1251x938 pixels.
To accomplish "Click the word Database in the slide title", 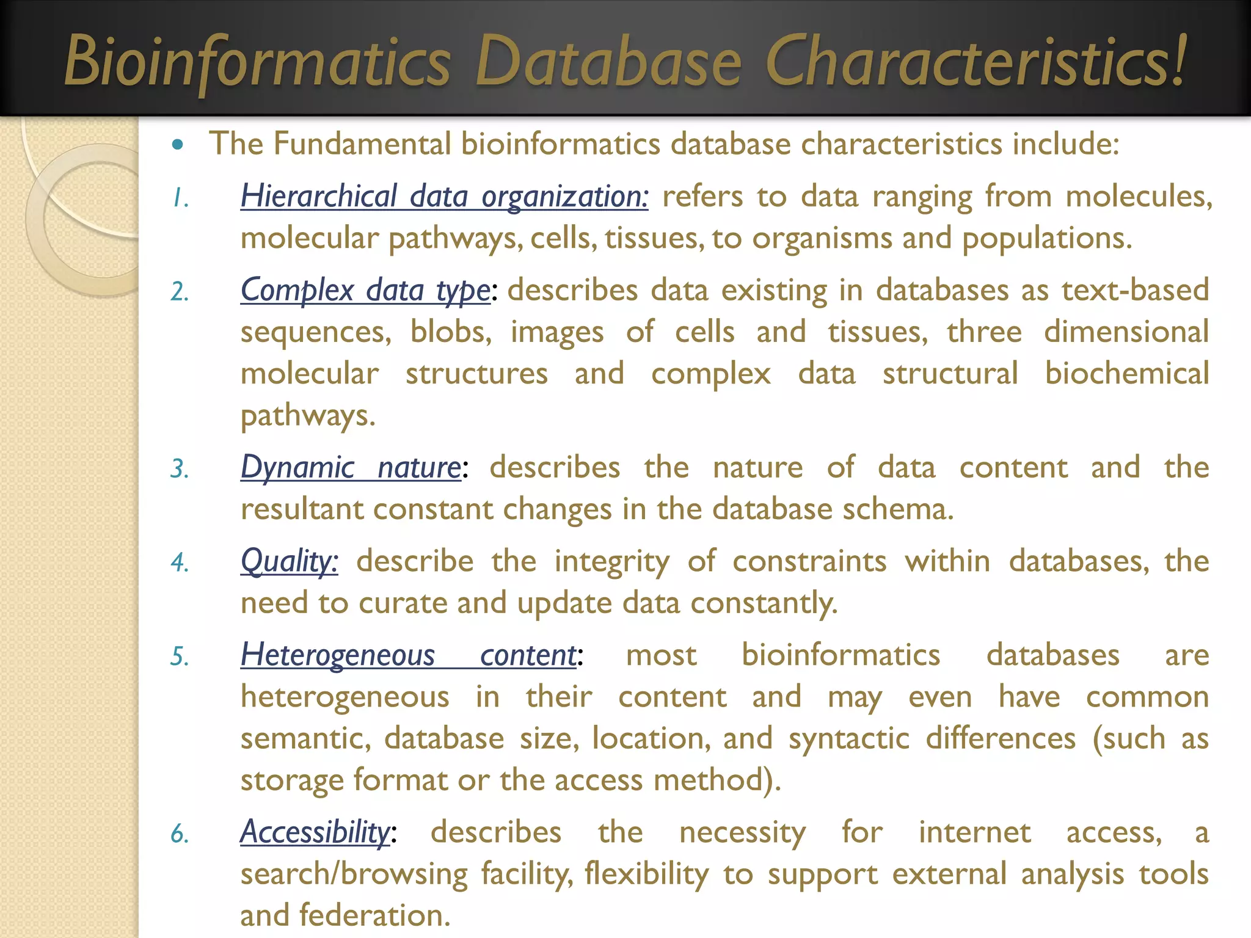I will coord(608,61).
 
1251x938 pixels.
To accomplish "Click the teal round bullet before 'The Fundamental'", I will coord(178,145).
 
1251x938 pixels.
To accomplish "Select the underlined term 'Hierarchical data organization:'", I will coord(444,197).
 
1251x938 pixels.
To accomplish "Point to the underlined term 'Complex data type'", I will coord(365,290).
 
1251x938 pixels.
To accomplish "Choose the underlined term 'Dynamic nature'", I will coord(351,468).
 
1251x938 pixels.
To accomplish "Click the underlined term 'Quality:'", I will coord(289,561).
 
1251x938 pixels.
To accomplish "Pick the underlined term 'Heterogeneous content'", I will coord(408,655).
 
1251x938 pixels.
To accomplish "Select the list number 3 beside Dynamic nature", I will coord(180,469).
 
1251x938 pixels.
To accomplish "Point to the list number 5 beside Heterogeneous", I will coord(180,656).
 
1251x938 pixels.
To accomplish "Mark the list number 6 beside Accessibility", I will coord(180,834).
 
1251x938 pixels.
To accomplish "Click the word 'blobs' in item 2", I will coord(451,332).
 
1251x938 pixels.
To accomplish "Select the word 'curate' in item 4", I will coord(403,603).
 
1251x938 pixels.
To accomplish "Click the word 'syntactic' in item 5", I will coord(849,738).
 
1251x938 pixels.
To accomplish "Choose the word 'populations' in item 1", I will coord(1046,238).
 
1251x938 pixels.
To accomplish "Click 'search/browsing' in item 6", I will coord(354,874).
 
